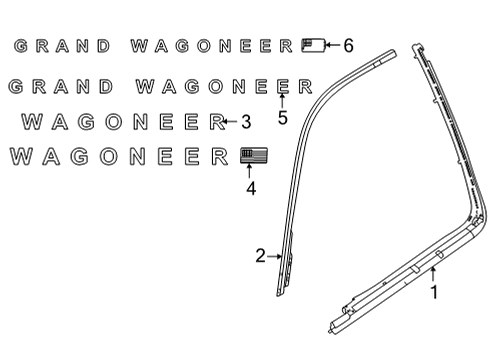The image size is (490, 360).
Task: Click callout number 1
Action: (434, 293)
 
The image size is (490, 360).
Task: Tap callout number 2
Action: (260, 257)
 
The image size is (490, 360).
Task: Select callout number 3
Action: (245, 122)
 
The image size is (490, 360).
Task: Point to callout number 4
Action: (250, 187)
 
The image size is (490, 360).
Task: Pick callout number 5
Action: (283, 118)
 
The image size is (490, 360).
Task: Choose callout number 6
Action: (348, 45)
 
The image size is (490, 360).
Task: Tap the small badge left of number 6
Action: (311, 45)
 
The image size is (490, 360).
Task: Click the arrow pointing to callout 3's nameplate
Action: (231, 122)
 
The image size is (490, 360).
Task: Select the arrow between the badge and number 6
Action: (331, 45)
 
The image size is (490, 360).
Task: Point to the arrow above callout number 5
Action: (283, 100)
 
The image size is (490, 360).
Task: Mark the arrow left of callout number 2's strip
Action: (275, 257)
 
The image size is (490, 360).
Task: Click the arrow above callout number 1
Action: (433, 274)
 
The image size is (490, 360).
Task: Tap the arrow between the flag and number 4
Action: (250, 172)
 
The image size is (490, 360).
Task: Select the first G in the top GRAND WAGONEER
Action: (20, 46)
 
